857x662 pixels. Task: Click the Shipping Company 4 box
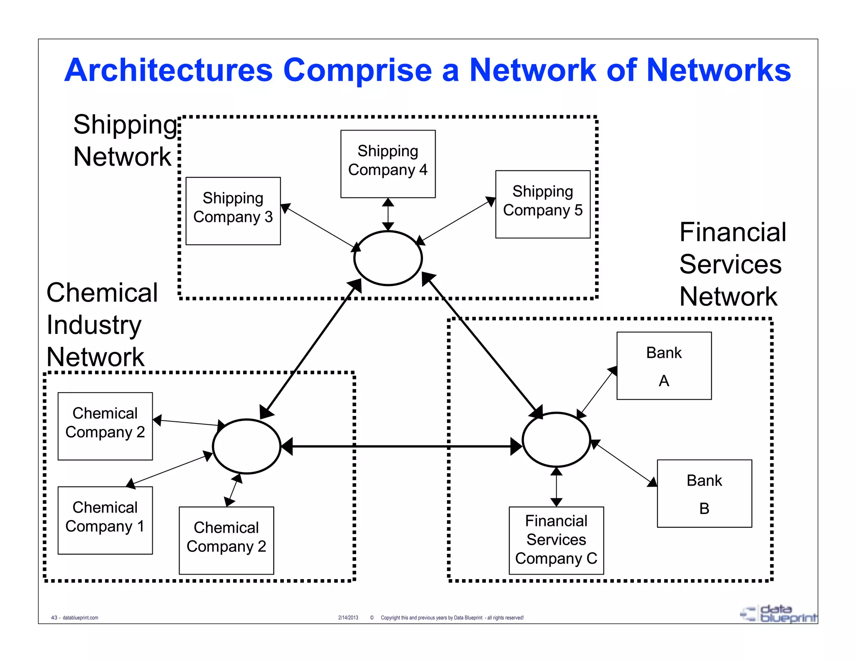pos(388,164)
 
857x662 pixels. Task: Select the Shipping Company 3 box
pos(233,211)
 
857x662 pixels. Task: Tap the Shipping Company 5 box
pos(543,204)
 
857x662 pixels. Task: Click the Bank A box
pos(664,366)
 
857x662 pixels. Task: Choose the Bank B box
pos(704,493)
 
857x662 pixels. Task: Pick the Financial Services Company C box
pos(556,540)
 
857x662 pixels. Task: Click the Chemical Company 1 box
pos(105,520)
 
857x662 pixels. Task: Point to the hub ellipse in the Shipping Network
pos(388,258)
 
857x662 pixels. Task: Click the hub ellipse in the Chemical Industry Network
pos(246,446)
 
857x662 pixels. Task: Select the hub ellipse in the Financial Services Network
pos(556,439)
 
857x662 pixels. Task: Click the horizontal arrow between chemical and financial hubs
pos(402,446)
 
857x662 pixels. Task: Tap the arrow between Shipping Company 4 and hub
pos(388,214)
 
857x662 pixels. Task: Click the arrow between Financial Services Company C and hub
pos(556,487)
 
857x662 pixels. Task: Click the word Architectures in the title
pos(168,70)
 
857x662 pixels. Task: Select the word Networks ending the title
pos(718,70)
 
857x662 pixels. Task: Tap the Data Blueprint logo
pos(778,614)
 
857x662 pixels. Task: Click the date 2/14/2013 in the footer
pos(348,618)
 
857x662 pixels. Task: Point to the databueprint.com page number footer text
pos(75,618)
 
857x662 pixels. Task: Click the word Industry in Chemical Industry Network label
pos(94,325)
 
